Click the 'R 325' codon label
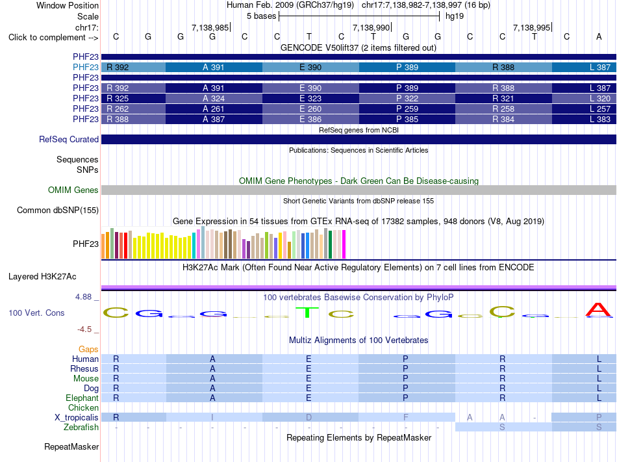click(118, 98)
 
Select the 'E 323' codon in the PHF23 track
click(310, 98)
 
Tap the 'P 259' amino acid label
click(407, 109)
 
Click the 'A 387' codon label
click(214, 120)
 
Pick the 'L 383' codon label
click(600, 120)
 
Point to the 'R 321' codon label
click(503, 98)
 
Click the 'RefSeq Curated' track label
click(69, 139)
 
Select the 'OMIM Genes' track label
click(73, 190)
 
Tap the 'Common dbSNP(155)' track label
click(58, 210)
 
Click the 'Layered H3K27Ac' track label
click(42, 277)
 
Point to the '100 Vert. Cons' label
click(36, 313)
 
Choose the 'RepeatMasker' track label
click(71, 446)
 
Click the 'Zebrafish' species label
click(81, 428)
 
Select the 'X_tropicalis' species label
click(77, 418)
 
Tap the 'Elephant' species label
click(82, 398)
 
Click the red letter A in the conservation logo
click(599, 310)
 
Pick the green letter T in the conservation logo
click(307, 313)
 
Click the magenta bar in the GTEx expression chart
click(344, 244)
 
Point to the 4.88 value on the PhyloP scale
click(83, 297)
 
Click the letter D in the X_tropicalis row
click(309, 418)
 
